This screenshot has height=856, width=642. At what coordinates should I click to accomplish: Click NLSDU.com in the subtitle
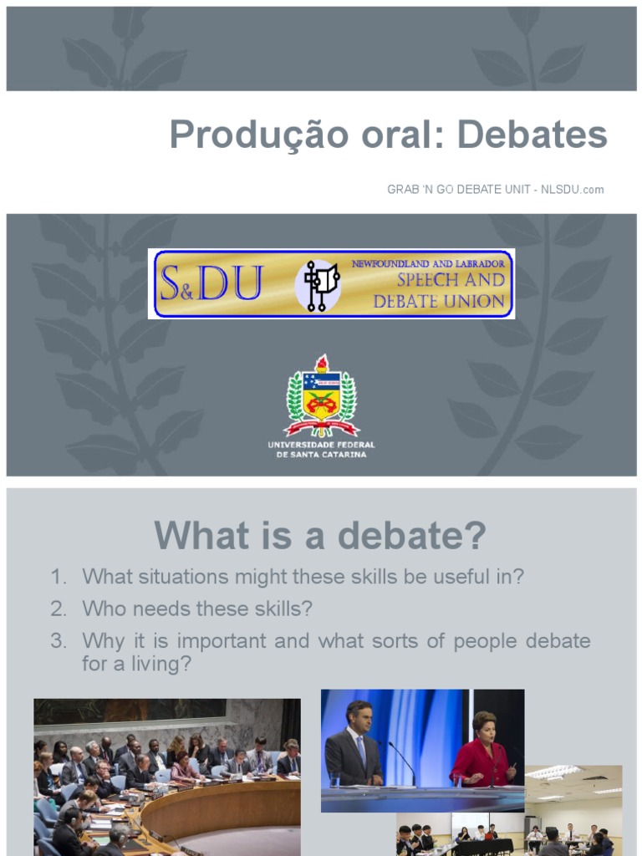573,190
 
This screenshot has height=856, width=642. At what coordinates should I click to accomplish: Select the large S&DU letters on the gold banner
211,284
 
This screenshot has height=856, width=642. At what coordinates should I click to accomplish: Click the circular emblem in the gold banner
318,285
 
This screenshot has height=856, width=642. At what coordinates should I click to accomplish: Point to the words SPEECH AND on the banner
451,281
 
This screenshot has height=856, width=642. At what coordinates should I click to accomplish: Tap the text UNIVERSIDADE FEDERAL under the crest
321,444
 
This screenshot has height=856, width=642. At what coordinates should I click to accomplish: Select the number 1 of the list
57,577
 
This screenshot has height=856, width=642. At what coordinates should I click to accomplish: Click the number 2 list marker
58,609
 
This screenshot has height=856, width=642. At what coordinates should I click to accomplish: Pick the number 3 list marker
58,641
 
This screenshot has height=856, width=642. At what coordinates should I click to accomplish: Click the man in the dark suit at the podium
354,748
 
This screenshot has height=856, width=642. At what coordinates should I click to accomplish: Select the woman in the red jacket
482,752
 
